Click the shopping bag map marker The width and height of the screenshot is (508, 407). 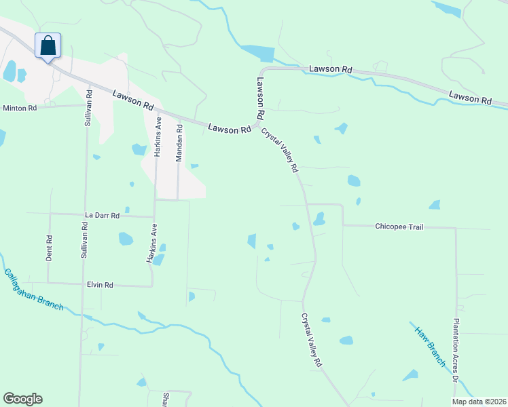click(x=48, y=46)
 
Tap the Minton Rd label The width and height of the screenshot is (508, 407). click(x=19, y=108)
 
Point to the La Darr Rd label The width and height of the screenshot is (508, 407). click(x=103, y=215)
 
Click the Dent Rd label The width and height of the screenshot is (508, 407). click(x=49, y=248)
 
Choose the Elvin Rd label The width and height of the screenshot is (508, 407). click(x=99, y=285)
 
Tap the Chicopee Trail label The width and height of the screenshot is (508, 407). click(x=399, y=227)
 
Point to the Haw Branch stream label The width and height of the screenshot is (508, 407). click(x=430, y=345)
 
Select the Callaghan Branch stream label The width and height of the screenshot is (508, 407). click(x=33, y=290)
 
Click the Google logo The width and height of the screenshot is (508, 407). click(x=22, y=399)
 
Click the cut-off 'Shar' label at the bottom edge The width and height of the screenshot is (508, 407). click(x=166, y=399)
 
